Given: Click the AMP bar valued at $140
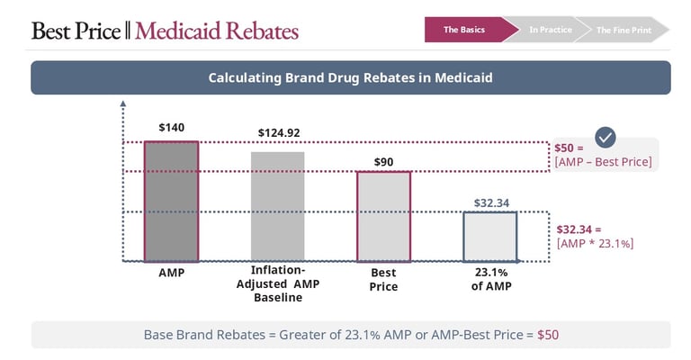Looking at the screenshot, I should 171,202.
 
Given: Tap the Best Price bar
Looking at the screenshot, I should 383,216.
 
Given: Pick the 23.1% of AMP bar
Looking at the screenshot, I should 489,237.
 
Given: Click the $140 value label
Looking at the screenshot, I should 171,128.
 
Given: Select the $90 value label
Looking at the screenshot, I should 383,162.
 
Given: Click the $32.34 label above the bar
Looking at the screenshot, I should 490,203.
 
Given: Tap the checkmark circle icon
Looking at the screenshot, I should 606,137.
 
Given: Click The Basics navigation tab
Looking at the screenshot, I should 465,30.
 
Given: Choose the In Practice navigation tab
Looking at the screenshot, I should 550,30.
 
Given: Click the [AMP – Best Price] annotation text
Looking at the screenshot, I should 604,163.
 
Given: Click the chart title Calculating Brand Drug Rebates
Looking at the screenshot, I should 350,78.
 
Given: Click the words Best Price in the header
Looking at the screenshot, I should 76,31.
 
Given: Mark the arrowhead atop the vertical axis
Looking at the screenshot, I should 122,104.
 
